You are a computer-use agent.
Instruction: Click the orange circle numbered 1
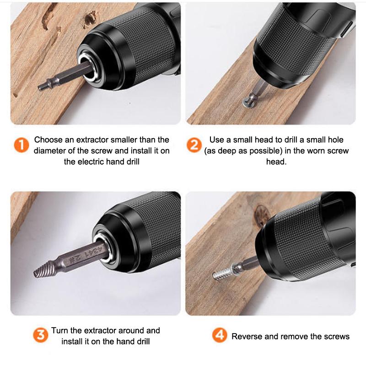pos(22,145)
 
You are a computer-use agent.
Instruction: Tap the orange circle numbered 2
pos(194,145)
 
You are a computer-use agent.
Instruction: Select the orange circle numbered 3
pos(41,335)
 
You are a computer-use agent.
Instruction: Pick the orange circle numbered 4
pos(220,335)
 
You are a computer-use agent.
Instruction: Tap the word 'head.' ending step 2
pos(276,162)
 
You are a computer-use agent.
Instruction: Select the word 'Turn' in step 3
pos(60,330)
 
